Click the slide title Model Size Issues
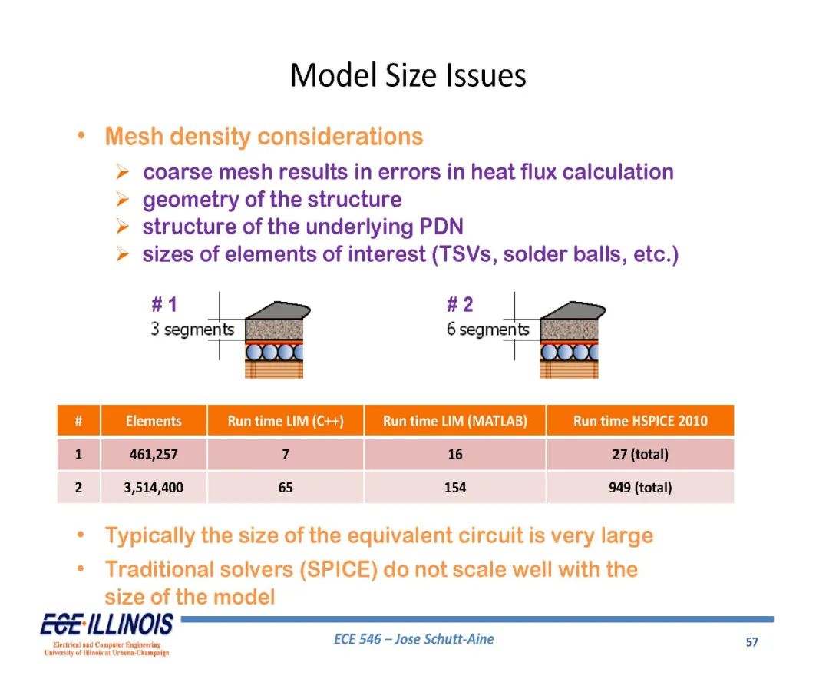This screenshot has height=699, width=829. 408,75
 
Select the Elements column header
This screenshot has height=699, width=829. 154,421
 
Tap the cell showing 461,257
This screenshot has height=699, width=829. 154,454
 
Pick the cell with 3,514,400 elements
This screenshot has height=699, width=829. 154,487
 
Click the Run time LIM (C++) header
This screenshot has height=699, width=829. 286,421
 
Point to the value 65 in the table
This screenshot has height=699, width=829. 286,487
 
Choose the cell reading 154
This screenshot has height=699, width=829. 454,487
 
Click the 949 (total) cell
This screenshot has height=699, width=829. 640,487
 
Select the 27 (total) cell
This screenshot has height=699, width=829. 640,454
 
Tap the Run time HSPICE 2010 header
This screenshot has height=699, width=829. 640,421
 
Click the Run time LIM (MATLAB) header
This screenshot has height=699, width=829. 454,421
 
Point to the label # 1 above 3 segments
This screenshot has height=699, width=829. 164,305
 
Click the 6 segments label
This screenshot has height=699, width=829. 488,330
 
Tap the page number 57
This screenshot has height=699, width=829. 751,642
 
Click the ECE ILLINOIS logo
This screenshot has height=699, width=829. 107,634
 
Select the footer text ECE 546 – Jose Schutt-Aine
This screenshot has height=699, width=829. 414,639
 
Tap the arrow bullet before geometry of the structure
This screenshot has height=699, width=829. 123,200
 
